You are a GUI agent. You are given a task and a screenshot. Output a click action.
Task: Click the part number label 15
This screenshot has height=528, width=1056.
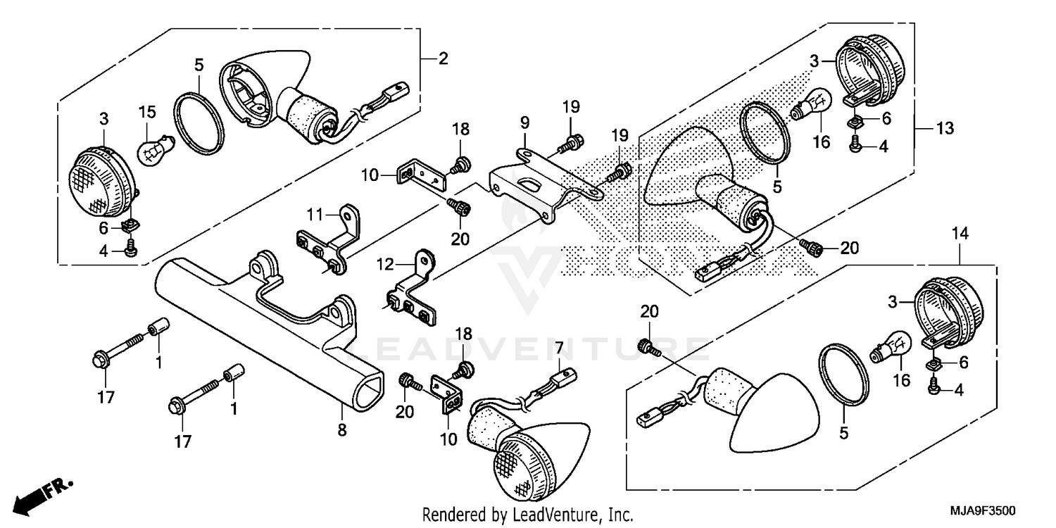pos(146,111)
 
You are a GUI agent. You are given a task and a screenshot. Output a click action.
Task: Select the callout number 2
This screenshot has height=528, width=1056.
pos(443,59)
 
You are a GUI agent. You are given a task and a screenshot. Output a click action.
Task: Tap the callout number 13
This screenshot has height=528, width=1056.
pos(944,128)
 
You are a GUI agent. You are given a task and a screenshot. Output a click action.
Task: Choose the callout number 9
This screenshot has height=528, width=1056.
pos(524,122)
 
